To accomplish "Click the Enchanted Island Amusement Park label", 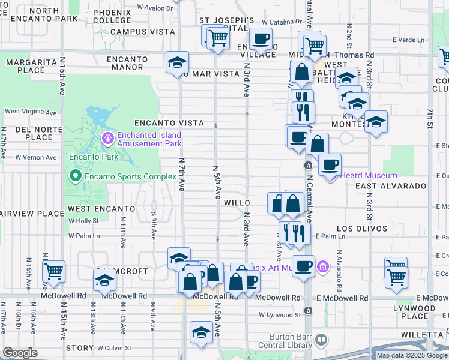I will pos(149,139).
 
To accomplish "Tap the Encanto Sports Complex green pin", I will pos(75,176).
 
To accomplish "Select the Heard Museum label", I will pos(369,175).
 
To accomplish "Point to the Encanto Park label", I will pos(88,157).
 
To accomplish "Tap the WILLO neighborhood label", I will pos(237,203).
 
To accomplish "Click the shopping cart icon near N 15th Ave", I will pos(54,271).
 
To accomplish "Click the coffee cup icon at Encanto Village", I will pos(261,39).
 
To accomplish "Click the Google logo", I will pos(20,353).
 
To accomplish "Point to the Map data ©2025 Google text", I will pos(411,355).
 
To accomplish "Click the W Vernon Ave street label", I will pos(36,157).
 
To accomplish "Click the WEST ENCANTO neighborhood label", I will pos(101,208).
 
